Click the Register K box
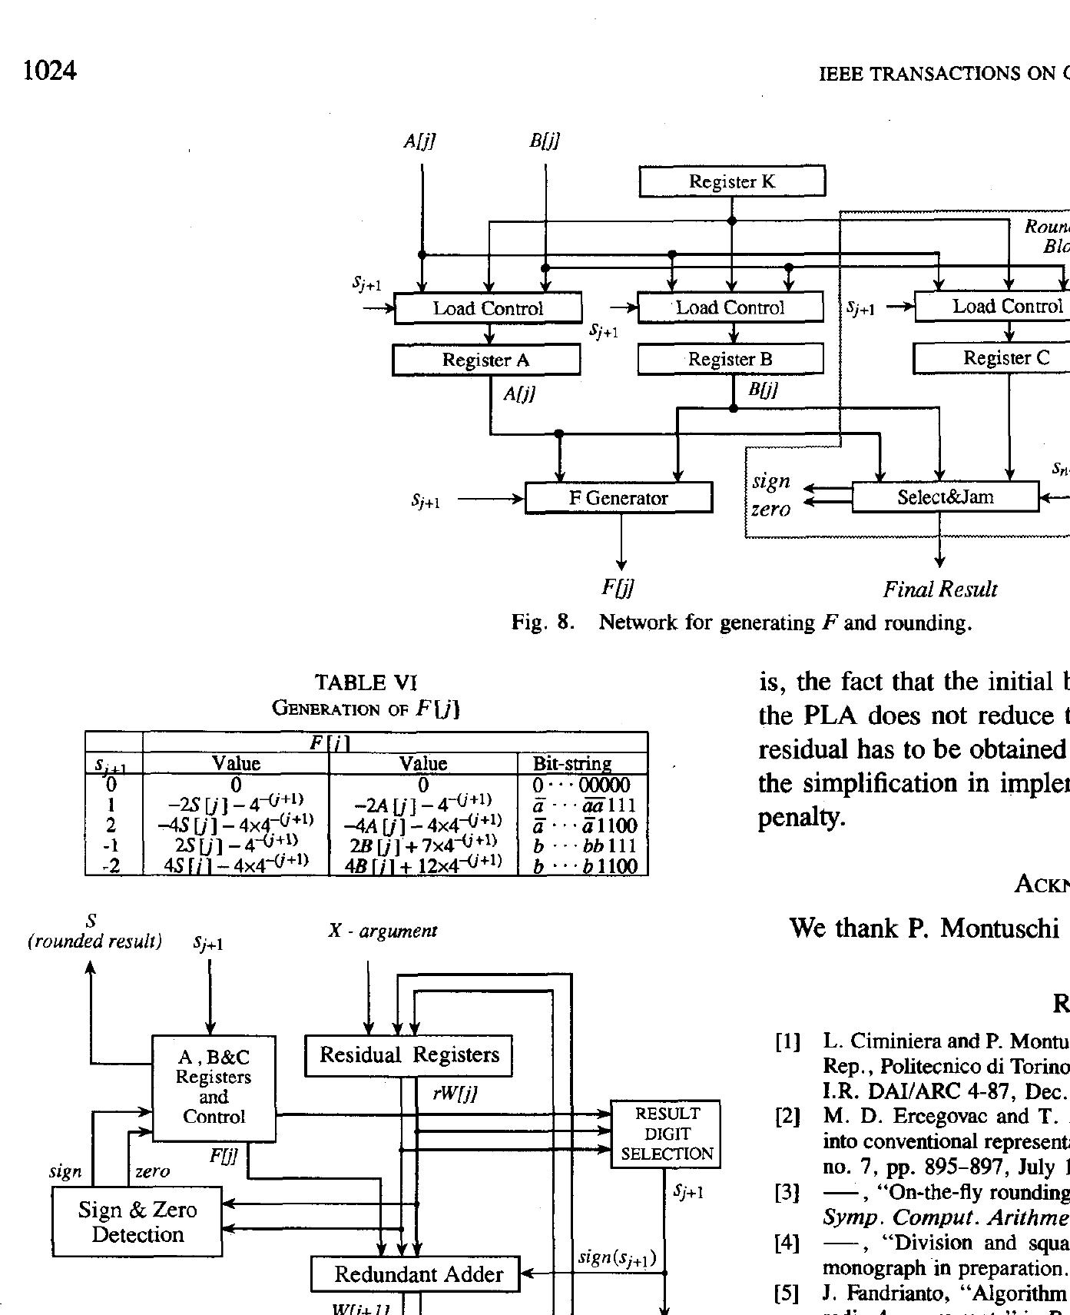tap(732, 181)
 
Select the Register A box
tap(485, 360)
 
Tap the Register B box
tap(730, 359)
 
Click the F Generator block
tap(618, 498)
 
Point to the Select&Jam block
tap(945, 497)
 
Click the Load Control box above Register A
tap(488, 308)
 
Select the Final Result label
tap(939, 589)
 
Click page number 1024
tap(50, 71)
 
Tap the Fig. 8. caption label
tap(543, 622)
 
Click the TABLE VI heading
tap(366, 682)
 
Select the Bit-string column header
tap(572, 763)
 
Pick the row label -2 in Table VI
tap(112, 866)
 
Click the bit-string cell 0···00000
tap(581, 785)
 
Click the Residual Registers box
tap(409, 1055)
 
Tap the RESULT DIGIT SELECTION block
tap(666, 1134)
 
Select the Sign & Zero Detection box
tap(137, 1221)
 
